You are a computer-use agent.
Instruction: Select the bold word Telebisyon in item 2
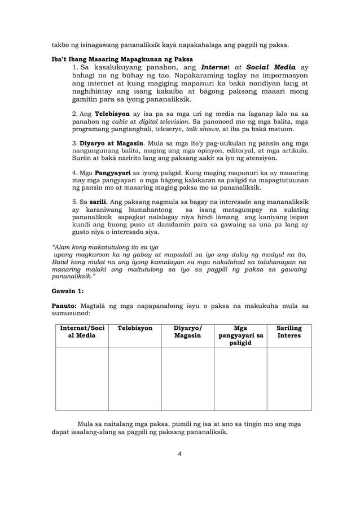click(x=113, y=114)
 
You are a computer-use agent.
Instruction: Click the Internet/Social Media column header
click(x=82, y=332)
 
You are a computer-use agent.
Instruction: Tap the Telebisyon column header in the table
click(x=135, y=328)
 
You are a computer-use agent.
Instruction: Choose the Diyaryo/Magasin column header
click(x=187, y=332)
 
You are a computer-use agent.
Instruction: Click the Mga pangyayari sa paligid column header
click(x=240, y=335)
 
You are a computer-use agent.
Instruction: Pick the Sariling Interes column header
click(x=289, y=332)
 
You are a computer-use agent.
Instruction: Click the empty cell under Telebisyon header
click(x=135, y=378)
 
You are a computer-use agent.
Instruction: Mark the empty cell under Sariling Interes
click(x=289, y=378)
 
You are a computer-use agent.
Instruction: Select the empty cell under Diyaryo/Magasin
click(x=187, y=378)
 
